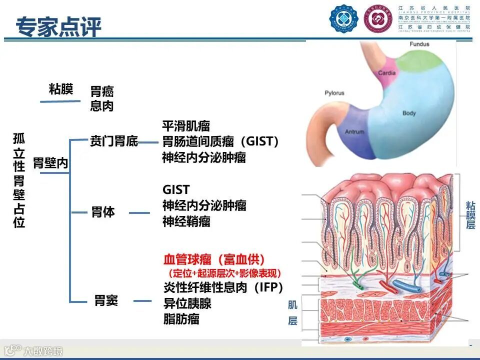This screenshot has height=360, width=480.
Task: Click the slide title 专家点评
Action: (x=58, y=26)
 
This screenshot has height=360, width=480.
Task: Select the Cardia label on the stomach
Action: (x=386, y=73)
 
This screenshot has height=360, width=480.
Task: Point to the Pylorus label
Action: (x=334, y=93)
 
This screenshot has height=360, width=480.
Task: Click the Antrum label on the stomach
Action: (x=354, y=132)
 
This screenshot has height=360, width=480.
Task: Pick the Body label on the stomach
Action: (x=409, y=113)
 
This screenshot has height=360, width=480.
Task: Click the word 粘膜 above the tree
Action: (x=61, y=89)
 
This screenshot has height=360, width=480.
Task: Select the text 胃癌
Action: (x=102, y=91)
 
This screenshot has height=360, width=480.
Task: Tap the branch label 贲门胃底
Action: (x=113, y=141)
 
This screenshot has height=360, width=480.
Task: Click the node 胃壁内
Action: (x=50, y=163)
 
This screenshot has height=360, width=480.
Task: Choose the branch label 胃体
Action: (x=103, y=212)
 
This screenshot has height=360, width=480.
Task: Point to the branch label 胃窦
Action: (x=106, y=301)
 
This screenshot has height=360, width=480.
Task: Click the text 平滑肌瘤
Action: (x=186, y=126)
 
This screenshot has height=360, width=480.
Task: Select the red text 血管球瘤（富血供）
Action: (x=214, y=259)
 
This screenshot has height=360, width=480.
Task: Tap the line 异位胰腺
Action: (x=187, y=303)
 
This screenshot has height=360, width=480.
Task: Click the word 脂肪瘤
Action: (x=181, y=319)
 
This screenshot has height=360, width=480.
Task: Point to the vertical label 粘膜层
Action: (x=470, y=215)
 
